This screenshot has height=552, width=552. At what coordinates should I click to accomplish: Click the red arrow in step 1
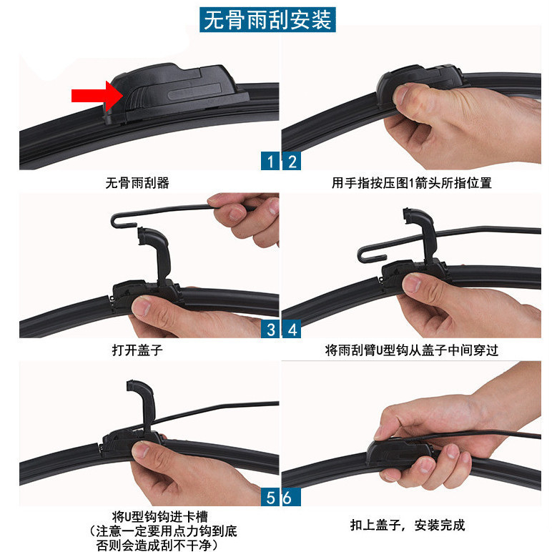pyautogui.click(x=96, y=96)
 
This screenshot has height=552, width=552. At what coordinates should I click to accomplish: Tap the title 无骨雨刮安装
pyautogui.click(x=269, y=19)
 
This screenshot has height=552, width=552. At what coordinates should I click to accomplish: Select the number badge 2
pyautogui.click(x=291, y=161)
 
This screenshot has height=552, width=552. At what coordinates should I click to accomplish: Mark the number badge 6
pyautogui.click(x=287, y=498)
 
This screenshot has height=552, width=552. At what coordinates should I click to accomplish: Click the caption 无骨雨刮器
pyautogui.click(x=137, y=183)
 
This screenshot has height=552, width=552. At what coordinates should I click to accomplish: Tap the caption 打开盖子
pyautogui.click(x=137, y=351)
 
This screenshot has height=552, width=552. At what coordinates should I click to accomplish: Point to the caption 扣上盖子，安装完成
pyautogui.click(x=408, y=526)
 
